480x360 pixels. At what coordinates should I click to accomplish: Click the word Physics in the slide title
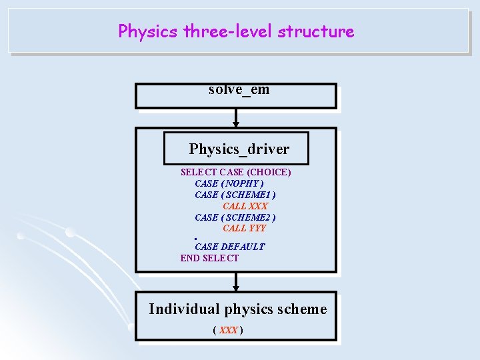tap(148, 31)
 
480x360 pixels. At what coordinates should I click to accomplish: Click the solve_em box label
tap(239, 89)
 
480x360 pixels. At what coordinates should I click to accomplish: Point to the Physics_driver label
tap(239, 149)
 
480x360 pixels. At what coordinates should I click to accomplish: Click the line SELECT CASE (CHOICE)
tap(235, 172)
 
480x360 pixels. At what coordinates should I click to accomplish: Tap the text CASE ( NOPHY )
tap(229, 183)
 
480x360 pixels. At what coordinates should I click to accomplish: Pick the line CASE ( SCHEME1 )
tap(235, 195)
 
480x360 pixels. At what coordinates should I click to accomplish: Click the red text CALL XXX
tap(245, 206)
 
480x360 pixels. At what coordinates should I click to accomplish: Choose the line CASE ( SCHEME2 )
tap(235, 217)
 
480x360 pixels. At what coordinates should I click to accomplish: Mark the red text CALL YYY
tap(244, 228)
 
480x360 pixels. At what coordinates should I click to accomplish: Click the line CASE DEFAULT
tap(229, 247)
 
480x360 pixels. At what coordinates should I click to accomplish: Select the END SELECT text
tap(209, 258)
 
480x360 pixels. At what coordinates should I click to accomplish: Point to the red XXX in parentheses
tap(228, 330)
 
